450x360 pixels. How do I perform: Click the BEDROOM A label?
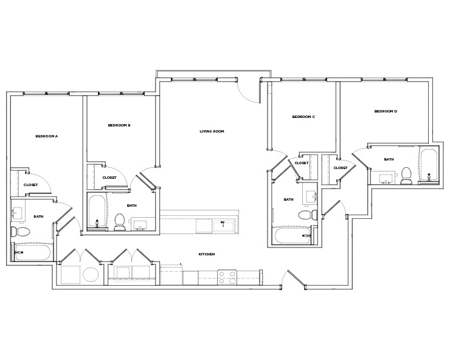(46, 136)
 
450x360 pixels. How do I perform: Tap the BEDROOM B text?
(119, 125)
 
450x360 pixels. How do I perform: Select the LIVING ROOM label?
(212, 131)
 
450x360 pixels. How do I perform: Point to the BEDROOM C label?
(303, 117)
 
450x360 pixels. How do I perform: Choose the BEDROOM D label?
(385, 111)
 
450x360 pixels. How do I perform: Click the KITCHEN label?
(207, 254)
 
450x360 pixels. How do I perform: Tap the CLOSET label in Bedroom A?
(30, 185)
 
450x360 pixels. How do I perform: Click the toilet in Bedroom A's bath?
(20, 232)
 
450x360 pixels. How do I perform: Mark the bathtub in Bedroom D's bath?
(427, 165)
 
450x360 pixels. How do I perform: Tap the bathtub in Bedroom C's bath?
(292, 236)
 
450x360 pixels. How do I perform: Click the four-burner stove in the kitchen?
(227, 277)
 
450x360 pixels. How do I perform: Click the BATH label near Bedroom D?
(389, 159)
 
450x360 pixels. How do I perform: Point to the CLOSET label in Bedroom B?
(109, 178)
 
